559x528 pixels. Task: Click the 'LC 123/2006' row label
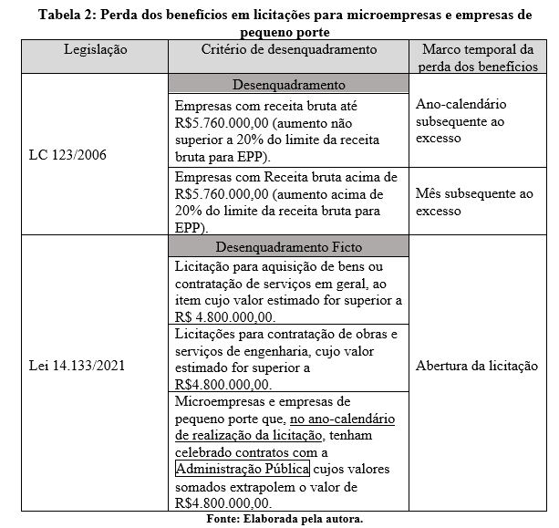[67, 155]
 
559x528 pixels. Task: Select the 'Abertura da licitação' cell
[476, 367]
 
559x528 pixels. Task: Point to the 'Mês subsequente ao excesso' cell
[473, 202]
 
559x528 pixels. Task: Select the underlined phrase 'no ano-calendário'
[343, 419]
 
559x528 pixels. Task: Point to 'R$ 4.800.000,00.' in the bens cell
[222, 316]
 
